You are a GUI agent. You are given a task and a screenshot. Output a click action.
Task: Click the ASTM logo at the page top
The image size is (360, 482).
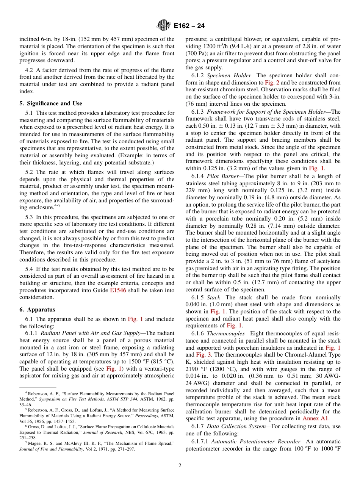tap(164, 25)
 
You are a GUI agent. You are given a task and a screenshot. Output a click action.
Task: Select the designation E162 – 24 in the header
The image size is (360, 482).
tap(189, 26)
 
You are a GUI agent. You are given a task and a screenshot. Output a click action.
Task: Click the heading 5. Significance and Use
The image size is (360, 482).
tap(51, 103)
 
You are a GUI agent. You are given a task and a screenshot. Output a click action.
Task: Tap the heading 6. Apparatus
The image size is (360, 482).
tap(37, 310)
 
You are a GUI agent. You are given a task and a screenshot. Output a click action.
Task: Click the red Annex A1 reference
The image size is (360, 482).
tap(316, 419)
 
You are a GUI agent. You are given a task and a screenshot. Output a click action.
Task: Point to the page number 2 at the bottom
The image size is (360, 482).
tap(180, 466)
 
